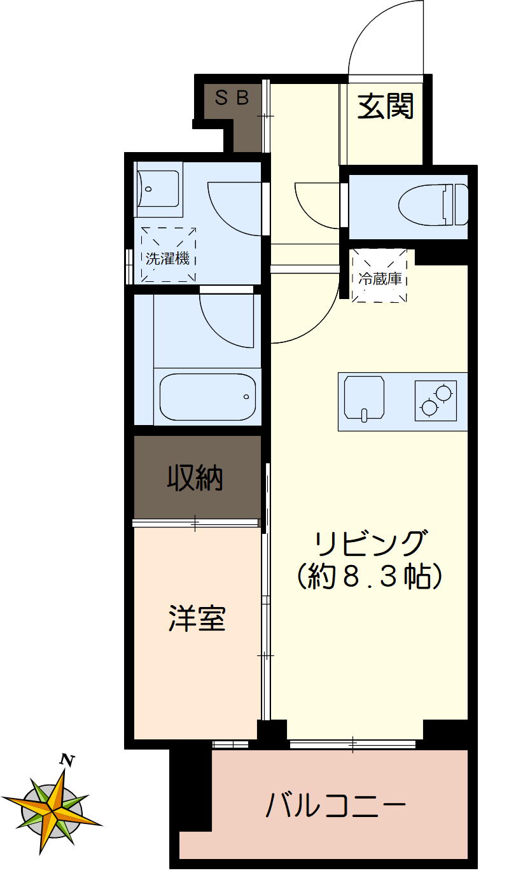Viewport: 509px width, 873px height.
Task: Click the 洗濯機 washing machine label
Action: [168, 258]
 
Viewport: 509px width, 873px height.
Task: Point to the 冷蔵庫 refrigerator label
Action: [380, 278]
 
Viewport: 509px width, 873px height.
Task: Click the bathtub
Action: [207, 396]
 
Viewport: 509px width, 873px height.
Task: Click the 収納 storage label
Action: [195, 478]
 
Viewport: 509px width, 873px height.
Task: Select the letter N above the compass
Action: [66, 759]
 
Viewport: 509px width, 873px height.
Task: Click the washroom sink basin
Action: [157, 189]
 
